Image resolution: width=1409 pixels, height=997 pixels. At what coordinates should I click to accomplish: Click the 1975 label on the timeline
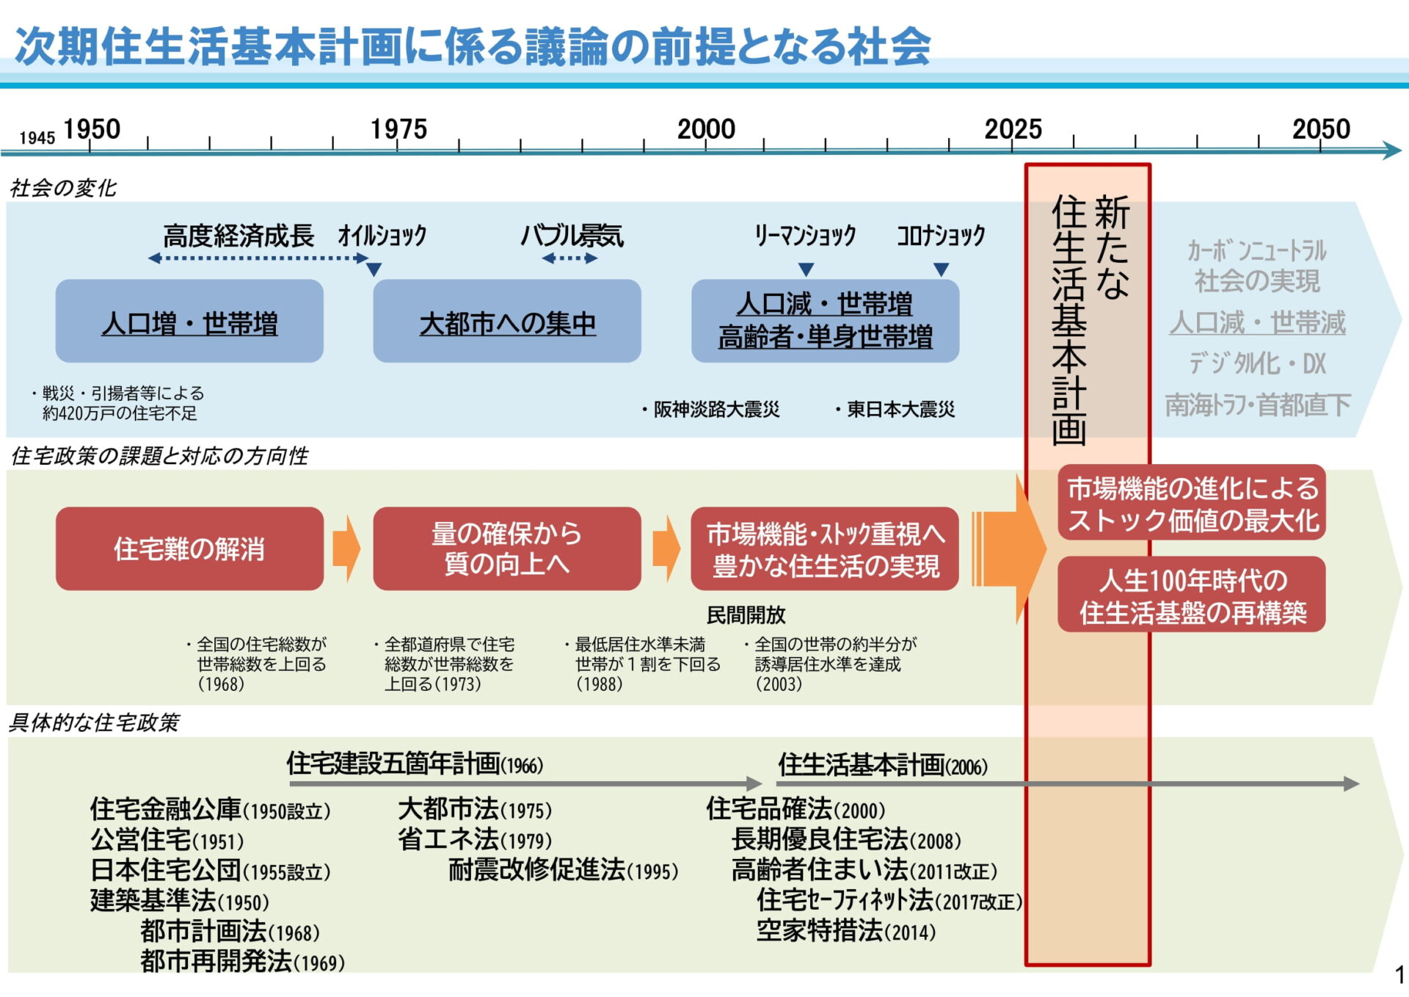pyautogui.click(x=398, y=129)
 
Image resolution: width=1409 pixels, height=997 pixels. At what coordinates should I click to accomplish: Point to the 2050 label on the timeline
pyautogui.click(x=1320, y=129)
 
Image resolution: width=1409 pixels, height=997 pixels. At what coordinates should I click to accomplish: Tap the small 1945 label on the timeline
pyautogui.click(x=37, y=138)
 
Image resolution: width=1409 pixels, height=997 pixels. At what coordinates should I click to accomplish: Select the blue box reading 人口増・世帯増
pyautogui.click(x=189, y=321)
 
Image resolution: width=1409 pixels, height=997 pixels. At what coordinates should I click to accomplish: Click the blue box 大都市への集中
pyautogui.click(x=507, y=321)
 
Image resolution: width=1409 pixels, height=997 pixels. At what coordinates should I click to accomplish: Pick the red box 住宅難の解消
pyautogui.click(x=189, y=548)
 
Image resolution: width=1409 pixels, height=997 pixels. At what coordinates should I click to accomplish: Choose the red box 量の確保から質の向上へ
pyautogui.click(x=507, y=548)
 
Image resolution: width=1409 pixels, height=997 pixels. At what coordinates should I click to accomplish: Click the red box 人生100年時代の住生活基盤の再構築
pyautogui.click(x=1192, y=595)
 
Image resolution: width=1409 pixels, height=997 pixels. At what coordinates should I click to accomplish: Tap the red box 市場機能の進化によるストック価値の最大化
pyautogui.click(x=1192, y=503)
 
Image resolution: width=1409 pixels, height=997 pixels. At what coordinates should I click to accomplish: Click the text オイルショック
pyautogui.click(x=382, y=236)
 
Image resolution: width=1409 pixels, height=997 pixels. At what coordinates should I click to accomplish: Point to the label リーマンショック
pyautogui.click(x=805, y=236)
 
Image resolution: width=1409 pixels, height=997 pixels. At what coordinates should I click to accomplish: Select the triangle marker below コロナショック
pyautogui.click(x=942, y=269)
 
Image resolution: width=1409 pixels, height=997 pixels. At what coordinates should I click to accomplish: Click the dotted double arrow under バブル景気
pyautogui.click(x=569, y=258)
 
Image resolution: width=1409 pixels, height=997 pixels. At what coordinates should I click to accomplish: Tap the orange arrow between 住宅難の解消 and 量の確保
pyautogui.click(x=346, y=548)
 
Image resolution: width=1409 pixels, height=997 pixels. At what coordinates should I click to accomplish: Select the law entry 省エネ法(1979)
pyautogui.click(x=475, y=839)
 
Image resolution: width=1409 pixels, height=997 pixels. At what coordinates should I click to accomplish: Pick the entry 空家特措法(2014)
pyautogui.click(x=846, y=931)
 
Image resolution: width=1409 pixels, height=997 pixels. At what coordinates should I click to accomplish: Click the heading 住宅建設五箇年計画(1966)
pyautogui.click(x=415, y=764)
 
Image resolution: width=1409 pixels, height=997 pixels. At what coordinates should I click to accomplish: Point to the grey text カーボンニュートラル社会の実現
pyautogui.click(x=1256, y=266)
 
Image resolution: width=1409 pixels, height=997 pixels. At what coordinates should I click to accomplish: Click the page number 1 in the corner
pyautogui.click(x=1399, y=975)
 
